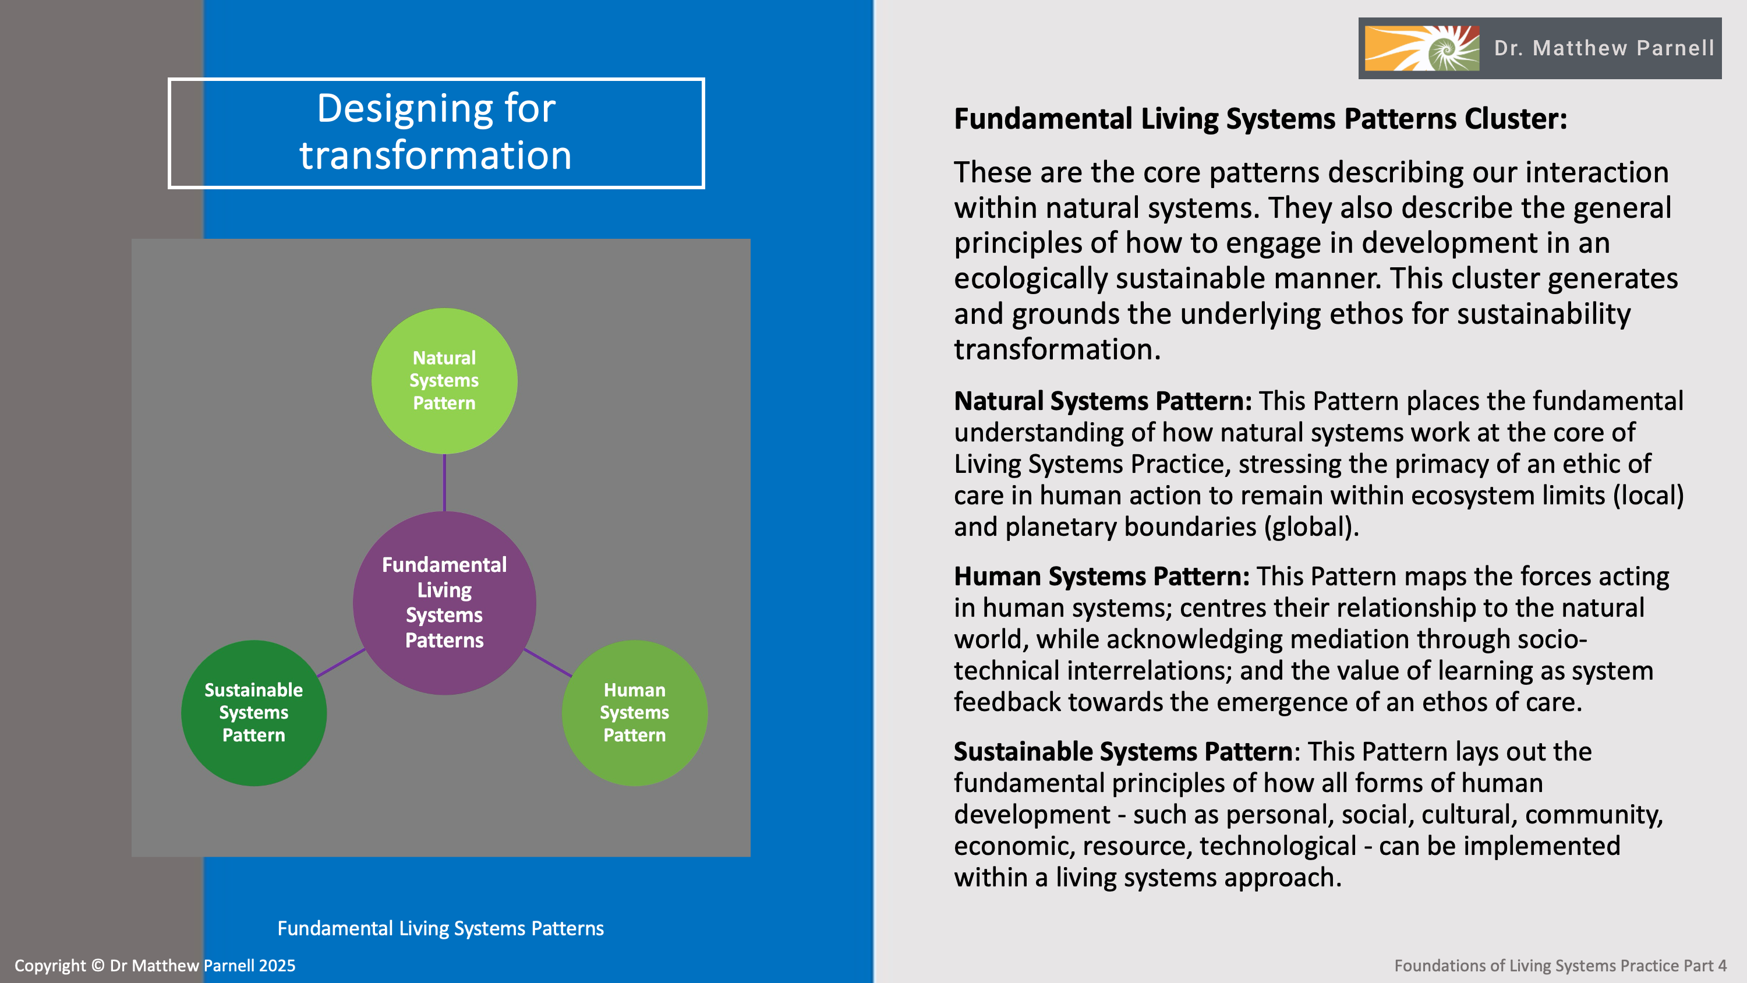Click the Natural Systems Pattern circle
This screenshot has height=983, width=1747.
(x=444, y=381)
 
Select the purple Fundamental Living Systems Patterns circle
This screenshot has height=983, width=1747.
(x=444, y=602)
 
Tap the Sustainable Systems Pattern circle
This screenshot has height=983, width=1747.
(x=254, y=712)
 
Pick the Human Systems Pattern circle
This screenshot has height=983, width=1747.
(x=634, y=712)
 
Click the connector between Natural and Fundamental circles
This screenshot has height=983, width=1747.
(x=444, y=482)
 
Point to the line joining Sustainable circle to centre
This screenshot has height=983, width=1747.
(x=341, y=663)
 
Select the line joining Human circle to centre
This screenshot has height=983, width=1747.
(x=547, y=663)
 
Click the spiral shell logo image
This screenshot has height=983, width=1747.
(x=1421, y=48)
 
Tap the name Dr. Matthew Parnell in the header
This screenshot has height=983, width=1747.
(x=1604, y=48)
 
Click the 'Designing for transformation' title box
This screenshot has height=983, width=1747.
(x=436, y=133)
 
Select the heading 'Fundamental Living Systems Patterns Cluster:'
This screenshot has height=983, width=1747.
(x=1260, y=119)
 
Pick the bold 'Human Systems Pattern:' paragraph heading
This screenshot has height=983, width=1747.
(x=1101, y=577)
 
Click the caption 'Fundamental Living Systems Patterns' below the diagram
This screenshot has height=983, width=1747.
(x=440, y=928)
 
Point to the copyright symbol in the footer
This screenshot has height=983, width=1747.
(x=98, y=966)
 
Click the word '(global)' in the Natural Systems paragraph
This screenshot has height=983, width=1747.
(x=1311, y=527)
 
